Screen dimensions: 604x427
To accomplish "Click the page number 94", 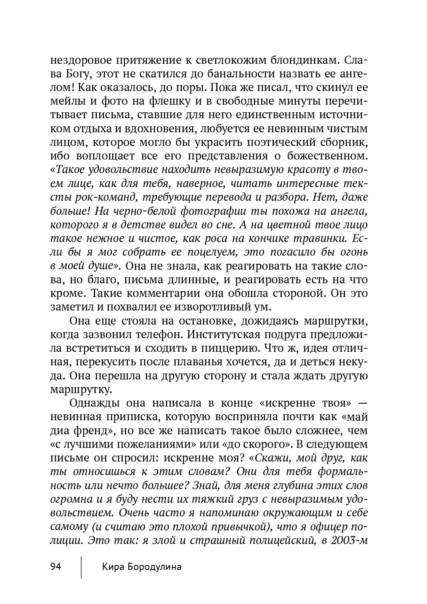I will pos(56,567).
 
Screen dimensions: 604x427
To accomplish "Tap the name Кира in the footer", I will pos(113,567).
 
